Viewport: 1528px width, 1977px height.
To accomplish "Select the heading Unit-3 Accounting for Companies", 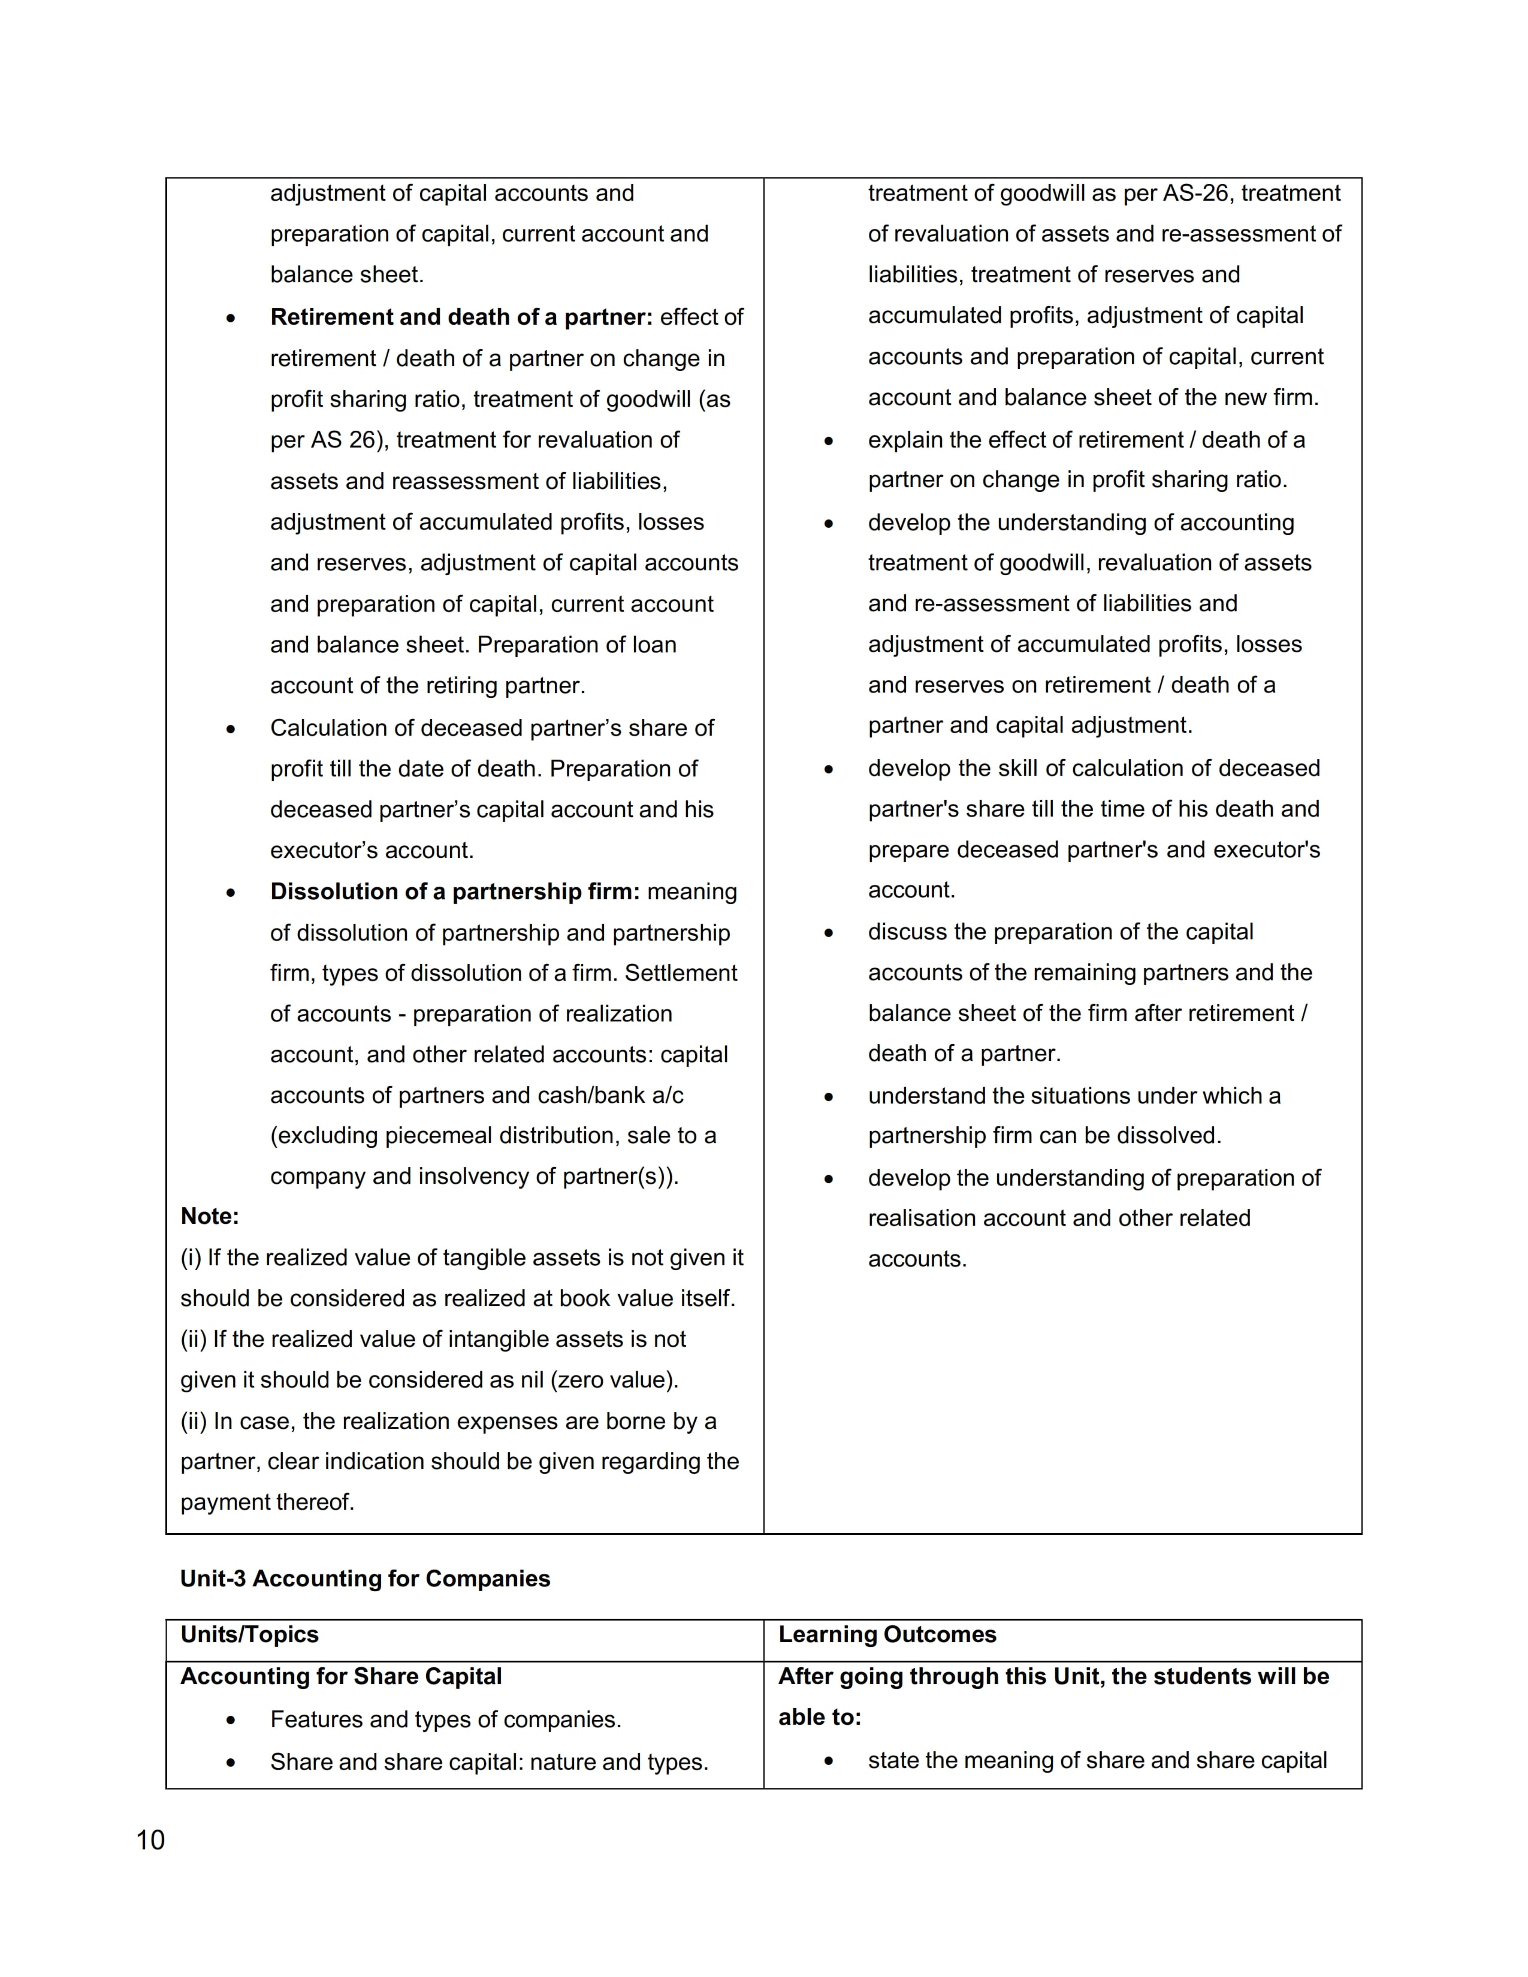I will coord(365,1579).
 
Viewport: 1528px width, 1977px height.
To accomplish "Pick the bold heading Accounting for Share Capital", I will coord(340,1676).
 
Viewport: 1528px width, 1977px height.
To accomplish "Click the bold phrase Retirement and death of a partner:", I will coord(461,317).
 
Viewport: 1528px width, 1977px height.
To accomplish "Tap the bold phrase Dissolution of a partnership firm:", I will coord(454,891).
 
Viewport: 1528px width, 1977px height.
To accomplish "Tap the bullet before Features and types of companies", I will coord(232,1720).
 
